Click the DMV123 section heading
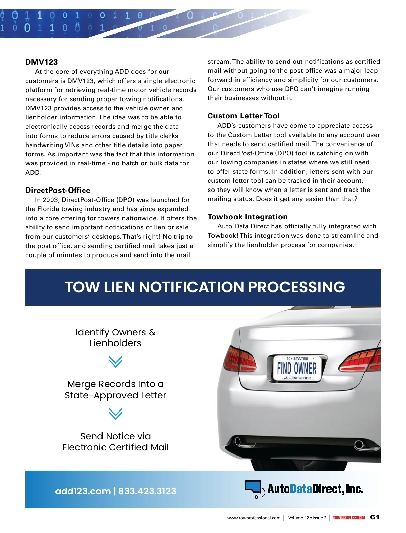(x=42, y=62)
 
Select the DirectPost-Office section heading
(x=58, y=190)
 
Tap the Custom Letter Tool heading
(x=244, y=116)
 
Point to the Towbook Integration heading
(x=247, y=217)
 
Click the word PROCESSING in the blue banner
(x=296, y=287)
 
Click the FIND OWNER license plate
(x=297, y=368)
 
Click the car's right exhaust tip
(x=359, y=444)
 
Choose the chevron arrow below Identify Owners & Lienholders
(x=115, y=362)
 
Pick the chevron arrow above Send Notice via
(x=115, y=414)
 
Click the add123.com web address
(x=83, y=491)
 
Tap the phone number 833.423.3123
(x=147, y=491)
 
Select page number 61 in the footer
(x=375, y=517)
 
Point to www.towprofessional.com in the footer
(x=254, y=518)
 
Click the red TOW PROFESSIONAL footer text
(x=349, y=518)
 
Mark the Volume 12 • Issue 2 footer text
(x=307, y=518)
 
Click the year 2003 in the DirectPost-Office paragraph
(x=50, y=200)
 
